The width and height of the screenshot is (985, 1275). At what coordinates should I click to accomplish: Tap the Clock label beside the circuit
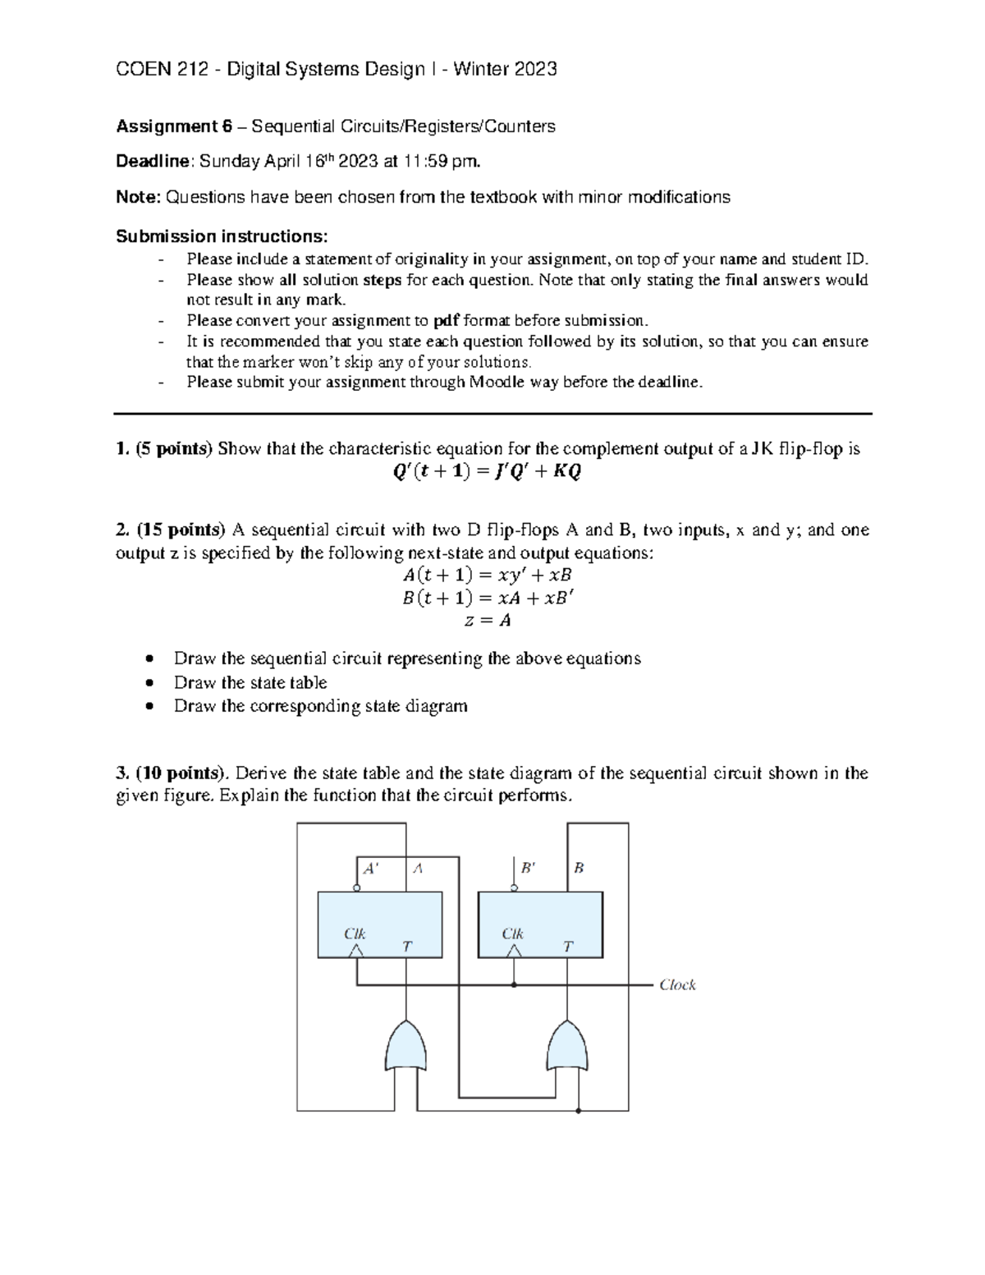[677, 985]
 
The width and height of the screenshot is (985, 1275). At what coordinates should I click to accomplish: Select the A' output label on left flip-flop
[371, 868]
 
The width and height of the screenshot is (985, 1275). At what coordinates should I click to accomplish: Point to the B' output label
[529, 868]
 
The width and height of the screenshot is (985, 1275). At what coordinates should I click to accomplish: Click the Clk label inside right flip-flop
[513, 933]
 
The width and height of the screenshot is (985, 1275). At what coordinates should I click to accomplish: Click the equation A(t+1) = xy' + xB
[488, 576]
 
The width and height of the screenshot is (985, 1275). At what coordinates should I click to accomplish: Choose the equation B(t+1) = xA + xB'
[488, 598]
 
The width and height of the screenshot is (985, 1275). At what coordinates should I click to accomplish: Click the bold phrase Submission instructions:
[222, 236]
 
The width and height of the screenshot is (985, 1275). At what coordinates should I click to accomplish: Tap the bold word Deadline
[153, 161]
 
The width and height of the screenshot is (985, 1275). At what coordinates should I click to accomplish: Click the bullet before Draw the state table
[148, 683]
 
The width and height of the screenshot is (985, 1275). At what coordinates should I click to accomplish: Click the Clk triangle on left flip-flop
[356, 951]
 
